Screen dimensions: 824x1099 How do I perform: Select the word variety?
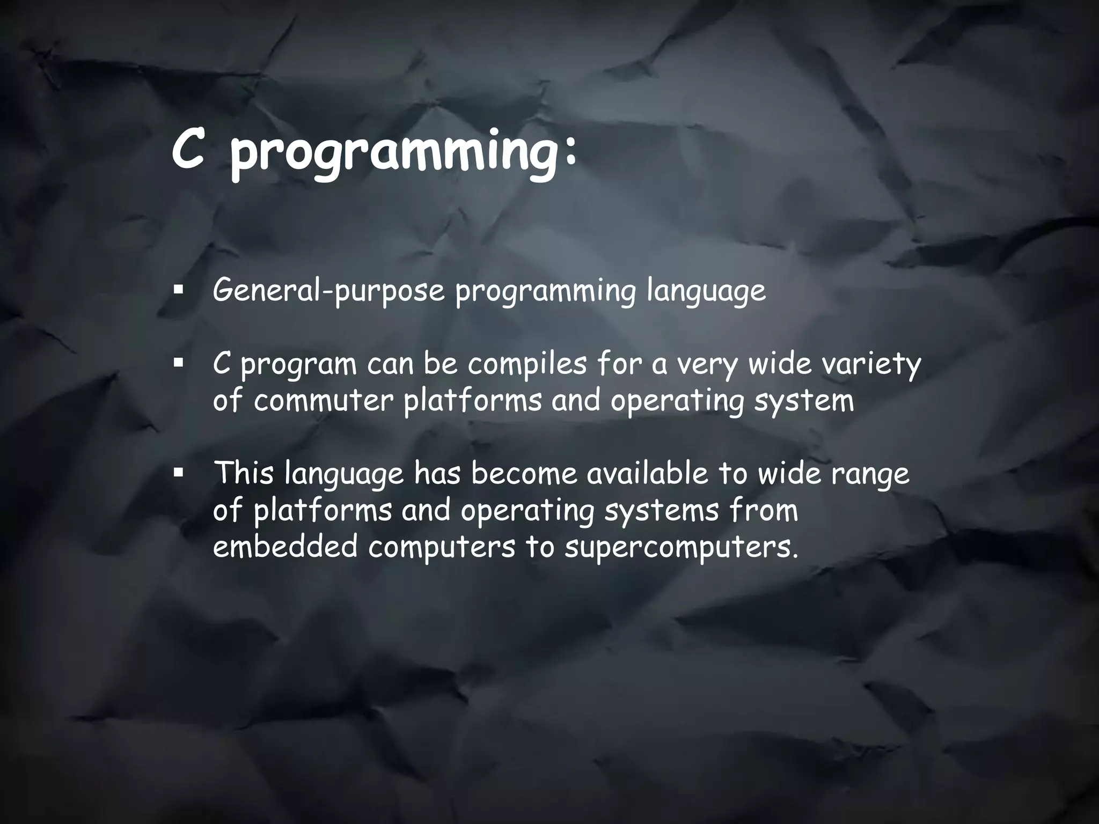(x=867, y=365)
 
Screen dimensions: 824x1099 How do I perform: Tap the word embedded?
(x=285, y=547)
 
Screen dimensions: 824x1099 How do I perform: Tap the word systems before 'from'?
(x=661, y=511)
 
